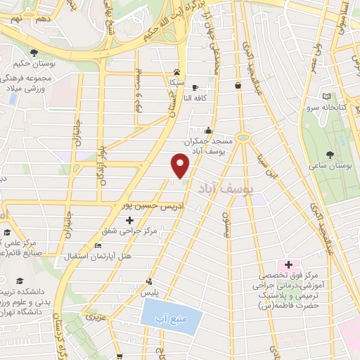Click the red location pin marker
[181, 166]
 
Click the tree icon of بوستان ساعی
[330, 153]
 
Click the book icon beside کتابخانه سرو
[326, 96]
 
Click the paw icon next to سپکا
[176, 72]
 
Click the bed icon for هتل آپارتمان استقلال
[98, 245]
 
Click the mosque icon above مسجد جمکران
[207, 130]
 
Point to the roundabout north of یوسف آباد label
[244, 137]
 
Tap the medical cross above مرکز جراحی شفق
[129, 220]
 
